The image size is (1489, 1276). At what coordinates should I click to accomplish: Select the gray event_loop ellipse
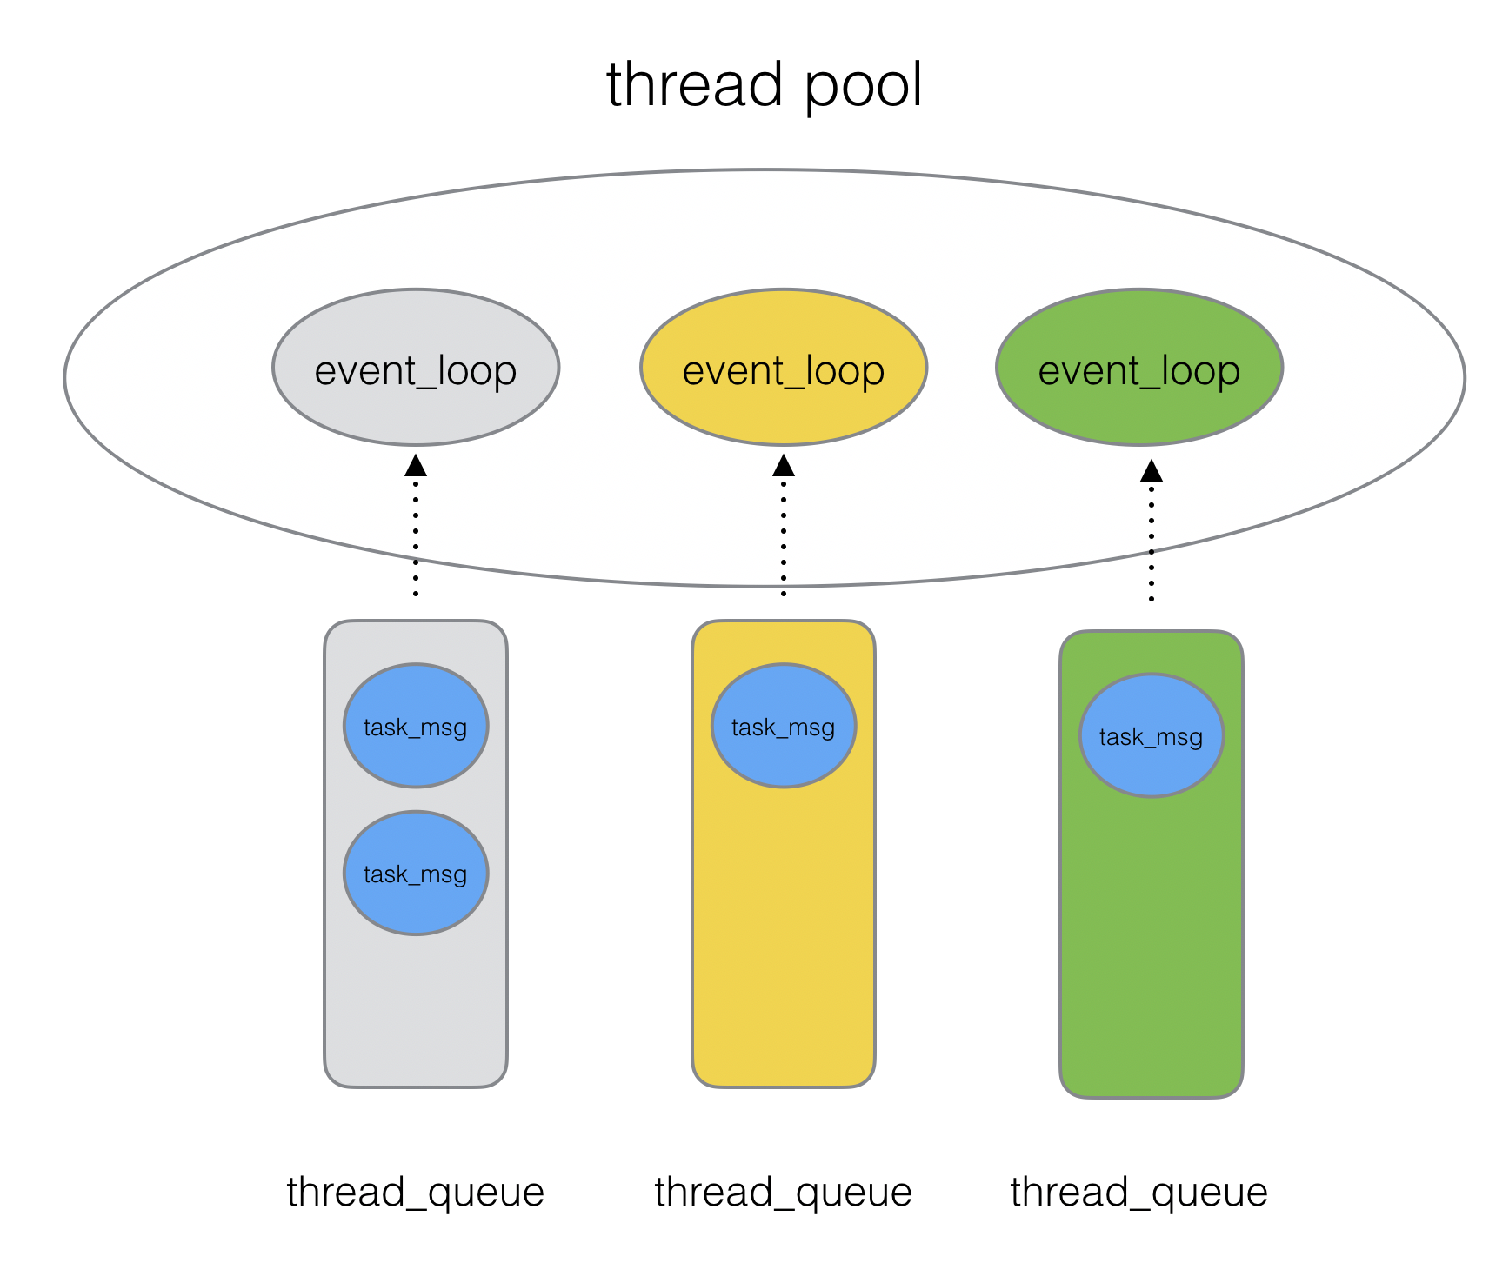pyautogui.click(x=416, y=368)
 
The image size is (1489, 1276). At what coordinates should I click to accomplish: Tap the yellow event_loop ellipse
pyautogui.click(x=784, y=368)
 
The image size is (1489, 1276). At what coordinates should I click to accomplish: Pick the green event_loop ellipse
pyautogui.click(x=1138, y=368)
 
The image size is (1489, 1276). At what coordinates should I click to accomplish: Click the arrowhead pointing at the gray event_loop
pyautogui.click(x=416, y=466)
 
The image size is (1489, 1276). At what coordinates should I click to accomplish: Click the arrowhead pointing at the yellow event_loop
pyautogui.click(x=784, y=466)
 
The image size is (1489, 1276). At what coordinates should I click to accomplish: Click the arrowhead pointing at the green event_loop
pyautogui.click(x=1152, y=471)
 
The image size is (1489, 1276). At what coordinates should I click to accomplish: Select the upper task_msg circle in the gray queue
pyautogui.click(x=416, y=726)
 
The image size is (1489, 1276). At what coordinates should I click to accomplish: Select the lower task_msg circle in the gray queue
pyautogui.click(x=416, y=873)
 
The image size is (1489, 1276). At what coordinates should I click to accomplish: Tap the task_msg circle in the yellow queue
pyautogui.click(x=784, y=726)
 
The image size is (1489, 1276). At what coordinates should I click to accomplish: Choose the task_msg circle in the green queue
pyautogui.click(x=1152, y=735)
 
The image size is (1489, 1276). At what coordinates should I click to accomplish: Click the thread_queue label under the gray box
pyautogui.click(x=416, y=1192)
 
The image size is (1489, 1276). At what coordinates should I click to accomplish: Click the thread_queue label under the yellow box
pyautogui.click(x=784, y=1192)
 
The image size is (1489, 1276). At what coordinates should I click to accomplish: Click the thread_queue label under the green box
pyautogui.click(x=1138, y=1192)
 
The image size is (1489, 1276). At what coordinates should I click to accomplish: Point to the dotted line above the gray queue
pyautogui.click(x=416, y=539)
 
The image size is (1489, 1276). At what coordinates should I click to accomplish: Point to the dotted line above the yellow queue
pyautogui.click(x=784, y=539)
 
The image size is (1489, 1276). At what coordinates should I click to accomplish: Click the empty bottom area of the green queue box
pyautogui.click(x=1152, y=956)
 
